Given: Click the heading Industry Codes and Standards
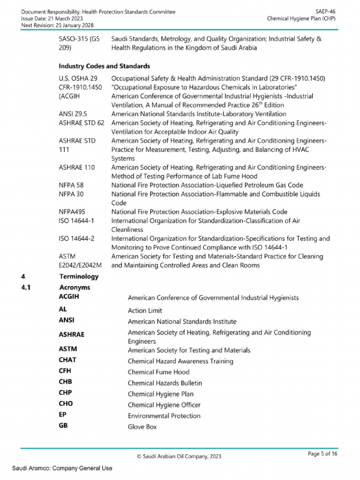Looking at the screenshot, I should (104, 66).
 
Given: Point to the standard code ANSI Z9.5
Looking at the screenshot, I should (74, 114).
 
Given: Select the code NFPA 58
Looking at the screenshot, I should (71, 185).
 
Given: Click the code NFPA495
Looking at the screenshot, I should (72, 212).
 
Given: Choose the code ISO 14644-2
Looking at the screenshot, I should (77, 239).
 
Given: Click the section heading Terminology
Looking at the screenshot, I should (79, 277).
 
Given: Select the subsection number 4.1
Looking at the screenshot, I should (26, 287).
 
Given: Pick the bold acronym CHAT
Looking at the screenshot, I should (67, 360).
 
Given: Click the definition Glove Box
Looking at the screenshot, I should (142, 427).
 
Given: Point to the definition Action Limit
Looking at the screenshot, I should (145, 311).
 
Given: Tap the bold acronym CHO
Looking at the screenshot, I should (66, 404).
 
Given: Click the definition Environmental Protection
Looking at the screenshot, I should (164, 416).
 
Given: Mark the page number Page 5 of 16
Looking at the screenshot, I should (322, 454).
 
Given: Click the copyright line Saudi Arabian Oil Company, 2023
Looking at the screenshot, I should (180, 456).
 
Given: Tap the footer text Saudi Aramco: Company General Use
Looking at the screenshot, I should (62, 468).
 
